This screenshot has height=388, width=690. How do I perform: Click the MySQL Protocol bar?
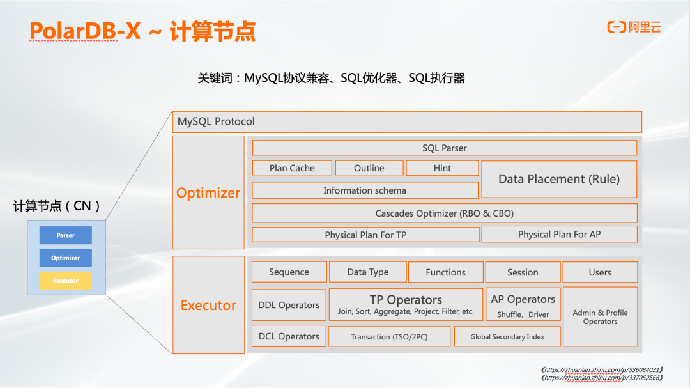(x=407, y=121)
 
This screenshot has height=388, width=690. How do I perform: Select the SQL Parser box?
(x=445, y=148)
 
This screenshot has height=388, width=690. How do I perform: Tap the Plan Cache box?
(x=292, y=168)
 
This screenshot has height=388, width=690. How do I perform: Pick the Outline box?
(x=369, y=168)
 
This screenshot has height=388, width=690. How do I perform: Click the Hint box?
(x=442, y=168)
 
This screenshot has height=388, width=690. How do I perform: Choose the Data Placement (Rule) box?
(x=559, y=179)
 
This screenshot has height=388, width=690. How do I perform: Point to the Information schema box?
(x=365, y=190)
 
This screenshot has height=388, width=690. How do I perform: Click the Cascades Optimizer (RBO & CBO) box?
(x=445, y=213)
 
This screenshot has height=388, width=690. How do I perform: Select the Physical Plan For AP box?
(x=559, y=234)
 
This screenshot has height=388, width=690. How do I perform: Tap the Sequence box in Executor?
(x=289, y=272)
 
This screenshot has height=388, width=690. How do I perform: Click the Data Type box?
(x=368, y=272)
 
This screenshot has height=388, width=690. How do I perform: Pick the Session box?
(x=523, y=272)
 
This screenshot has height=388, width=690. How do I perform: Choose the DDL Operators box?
(x=289, y=305)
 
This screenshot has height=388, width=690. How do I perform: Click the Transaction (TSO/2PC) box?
(x=389, y=337)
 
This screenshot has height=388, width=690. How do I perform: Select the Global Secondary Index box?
(x=507, y=337)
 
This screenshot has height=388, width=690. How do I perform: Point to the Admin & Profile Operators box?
(x=600, y=317)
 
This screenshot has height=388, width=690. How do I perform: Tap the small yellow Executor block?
(x=66, y=281)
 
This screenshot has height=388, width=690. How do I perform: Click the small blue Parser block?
(x=66, y=235)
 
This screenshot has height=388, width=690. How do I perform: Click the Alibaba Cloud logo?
(x=634, y=27)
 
